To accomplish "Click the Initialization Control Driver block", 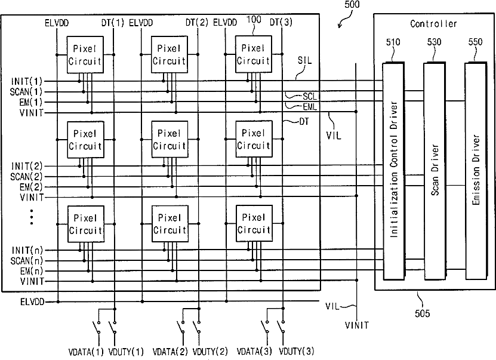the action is pyautogui.click(x=393, y=171).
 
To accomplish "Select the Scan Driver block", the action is pyautogui.click(x=435, y=171).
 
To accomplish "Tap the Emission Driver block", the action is pyautogui.click(x=476, y=171).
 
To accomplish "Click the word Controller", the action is pyautogui.click(x=433, y=24).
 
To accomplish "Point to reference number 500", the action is pyautogui.click(x=352, y=4).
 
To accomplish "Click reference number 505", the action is pyautogui.click(x=423, y=313).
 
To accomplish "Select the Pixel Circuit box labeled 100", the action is pyautogui.click(x=254, y=54).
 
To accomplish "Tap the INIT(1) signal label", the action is pyautogui.click(x=27, y=81).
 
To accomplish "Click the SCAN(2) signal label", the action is pyautogui.click(x=26, y=177).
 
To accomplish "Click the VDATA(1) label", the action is pyautogui.click(x=86, y=352).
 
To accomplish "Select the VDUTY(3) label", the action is pyautogui.click(x=297, y=351).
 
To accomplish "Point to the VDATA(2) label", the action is pyautogui.click(x=170, y=352).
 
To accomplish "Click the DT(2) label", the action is pyautogui.click(x=197, y=23).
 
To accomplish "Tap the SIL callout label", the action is pyautogui.click(x=304, y=60).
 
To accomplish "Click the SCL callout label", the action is pyautogui.click(x=310, y=96).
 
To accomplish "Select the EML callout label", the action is pyautogui.click(x=310, y=107).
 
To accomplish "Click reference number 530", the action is pyautogui.click(x=435, y=42).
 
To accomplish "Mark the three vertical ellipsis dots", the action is pyautogui.click(x=32, y=217).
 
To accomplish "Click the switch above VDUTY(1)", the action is pyautogui.click(x=113, y=327).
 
